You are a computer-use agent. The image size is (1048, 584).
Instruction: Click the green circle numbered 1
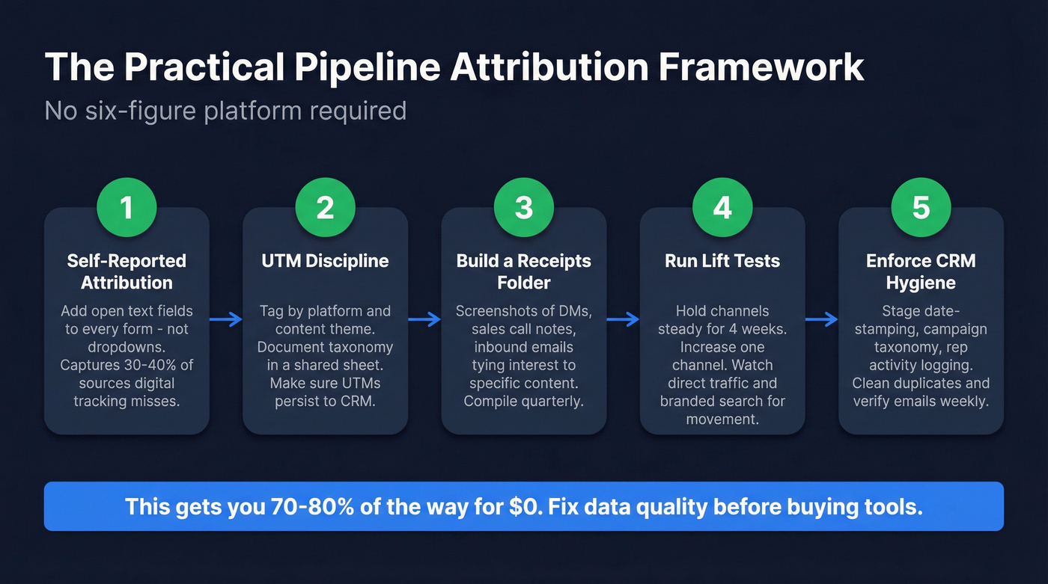coord(127,207)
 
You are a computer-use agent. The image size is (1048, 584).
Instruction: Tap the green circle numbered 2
coord(325,207)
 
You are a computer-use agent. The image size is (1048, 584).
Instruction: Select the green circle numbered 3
coord(524,207)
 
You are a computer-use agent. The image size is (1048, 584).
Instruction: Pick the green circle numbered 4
coord(722,207)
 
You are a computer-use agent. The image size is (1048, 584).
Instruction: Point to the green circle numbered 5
coord(921,207)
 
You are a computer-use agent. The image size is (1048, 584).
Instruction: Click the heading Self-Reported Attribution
coord(127,271)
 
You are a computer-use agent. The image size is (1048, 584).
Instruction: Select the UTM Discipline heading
coord(325,261)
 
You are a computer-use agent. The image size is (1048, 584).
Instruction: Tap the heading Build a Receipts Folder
coord(524,271)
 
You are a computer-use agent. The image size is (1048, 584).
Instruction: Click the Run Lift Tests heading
coord(722,261)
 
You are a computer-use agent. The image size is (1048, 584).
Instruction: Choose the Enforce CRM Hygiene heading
coord(921,271)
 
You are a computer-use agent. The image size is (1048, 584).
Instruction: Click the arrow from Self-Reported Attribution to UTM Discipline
coord(226,320)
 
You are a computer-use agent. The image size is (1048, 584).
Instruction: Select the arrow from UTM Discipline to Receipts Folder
coord(424,320)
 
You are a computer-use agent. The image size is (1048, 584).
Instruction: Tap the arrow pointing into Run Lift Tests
coord(623,320)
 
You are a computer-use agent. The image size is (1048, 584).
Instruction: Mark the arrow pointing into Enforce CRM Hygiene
coord(822,320)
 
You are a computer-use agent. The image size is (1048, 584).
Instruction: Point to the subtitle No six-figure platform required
coord(225,111)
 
